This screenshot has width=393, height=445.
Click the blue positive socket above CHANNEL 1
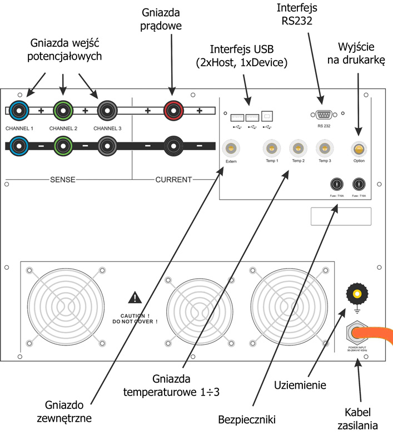[19, 110]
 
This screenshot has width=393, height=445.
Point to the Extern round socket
[231, 149]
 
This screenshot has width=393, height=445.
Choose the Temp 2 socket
[299, 149]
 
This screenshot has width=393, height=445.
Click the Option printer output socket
[359, 149]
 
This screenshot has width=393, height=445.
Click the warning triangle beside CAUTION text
[135, 298]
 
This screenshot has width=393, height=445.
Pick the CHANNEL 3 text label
[107, 128]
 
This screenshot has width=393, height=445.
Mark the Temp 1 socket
[271, 149]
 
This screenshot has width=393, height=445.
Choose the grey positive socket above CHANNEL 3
[107, 110]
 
